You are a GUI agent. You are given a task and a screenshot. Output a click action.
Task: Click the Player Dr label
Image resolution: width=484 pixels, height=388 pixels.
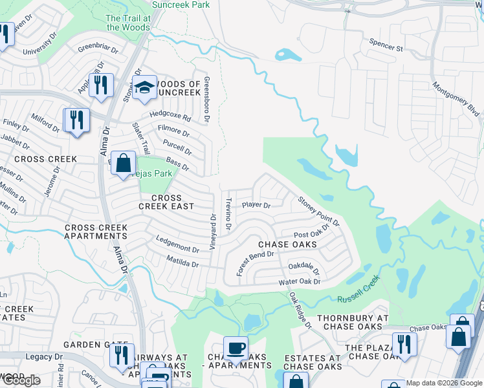click(x=256, y=205)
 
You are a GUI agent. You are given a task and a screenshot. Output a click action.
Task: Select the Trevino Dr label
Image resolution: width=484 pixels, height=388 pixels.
click(x=228, y=215)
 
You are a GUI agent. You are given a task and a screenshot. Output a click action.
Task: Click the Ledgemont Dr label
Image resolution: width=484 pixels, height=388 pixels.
click(x=177, y=248)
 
